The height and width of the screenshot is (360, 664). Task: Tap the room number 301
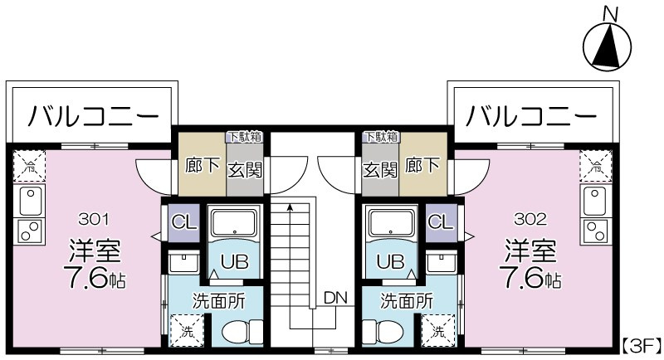click(x=94, y=219)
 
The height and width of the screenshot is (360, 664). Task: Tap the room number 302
click(x=530, y=219)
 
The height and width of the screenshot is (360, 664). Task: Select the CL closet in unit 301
click(x=184, y=223)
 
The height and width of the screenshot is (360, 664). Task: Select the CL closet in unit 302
click(x=442, y=223)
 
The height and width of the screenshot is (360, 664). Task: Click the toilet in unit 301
click(x=242, y=331)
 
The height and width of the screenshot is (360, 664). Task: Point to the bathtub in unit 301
click(x=234, y=223)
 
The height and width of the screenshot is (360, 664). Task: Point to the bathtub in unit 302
click(x=391, y=223)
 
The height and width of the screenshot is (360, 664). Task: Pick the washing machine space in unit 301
click(x=187, y=330)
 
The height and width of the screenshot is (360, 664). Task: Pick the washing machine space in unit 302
click(x=438, y=330)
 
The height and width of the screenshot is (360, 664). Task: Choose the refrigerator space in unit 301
click(x=29, y=166)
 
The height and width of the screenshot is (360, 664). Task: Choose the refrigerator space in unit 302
click(x=596, y=166)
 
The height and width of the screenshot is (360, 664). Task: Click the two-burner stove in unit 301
click(x=29, y=231)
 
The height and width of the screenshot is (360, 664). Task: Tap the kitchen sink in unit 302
click(x=596, y=202)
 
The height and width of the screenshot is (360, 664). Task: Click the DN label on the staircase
click(x=335, y=298)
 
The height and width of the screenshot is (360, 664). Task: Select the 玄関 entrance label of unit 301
click(x=245, y=170)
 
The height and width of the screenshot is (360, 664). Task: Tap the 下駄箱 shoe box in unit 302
click(x=381, y=137)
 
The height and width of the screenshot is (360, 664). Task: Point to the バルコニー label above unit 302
click(x=531, y=115)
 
